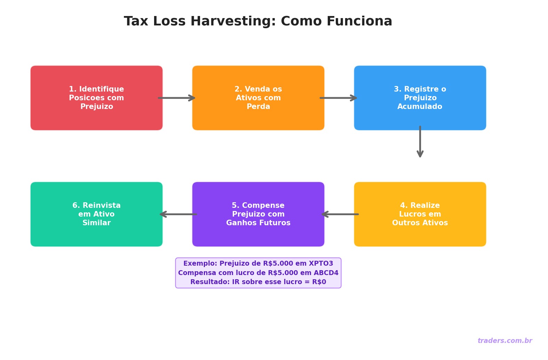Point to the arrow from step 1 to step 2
click(177, 98)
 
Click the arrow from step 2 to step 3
click(339, 98)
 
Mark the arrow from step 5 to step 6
click(178, 214)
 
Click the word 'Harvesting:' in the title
click(233, 22)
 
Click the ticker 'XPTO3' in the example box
click(321, 264)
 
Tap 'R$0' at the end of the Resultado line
click(319, 282)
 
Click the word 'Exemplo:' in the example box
click(200, 264)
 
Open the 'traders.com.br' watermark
click(505, 341)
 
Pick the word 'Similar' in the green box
click(96, 223)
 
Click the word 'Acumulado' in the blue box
click(420, 107)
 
